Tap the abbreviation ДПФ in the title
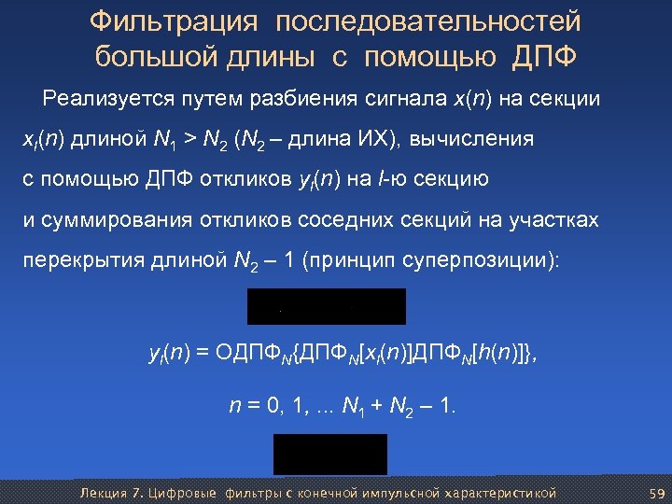coord(544,57)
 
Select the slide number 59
coord(655,492)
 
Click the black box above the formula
coord(326,306)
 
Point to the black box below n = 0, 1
coord(329,454)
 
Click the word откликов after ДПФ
coord(240,179)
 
